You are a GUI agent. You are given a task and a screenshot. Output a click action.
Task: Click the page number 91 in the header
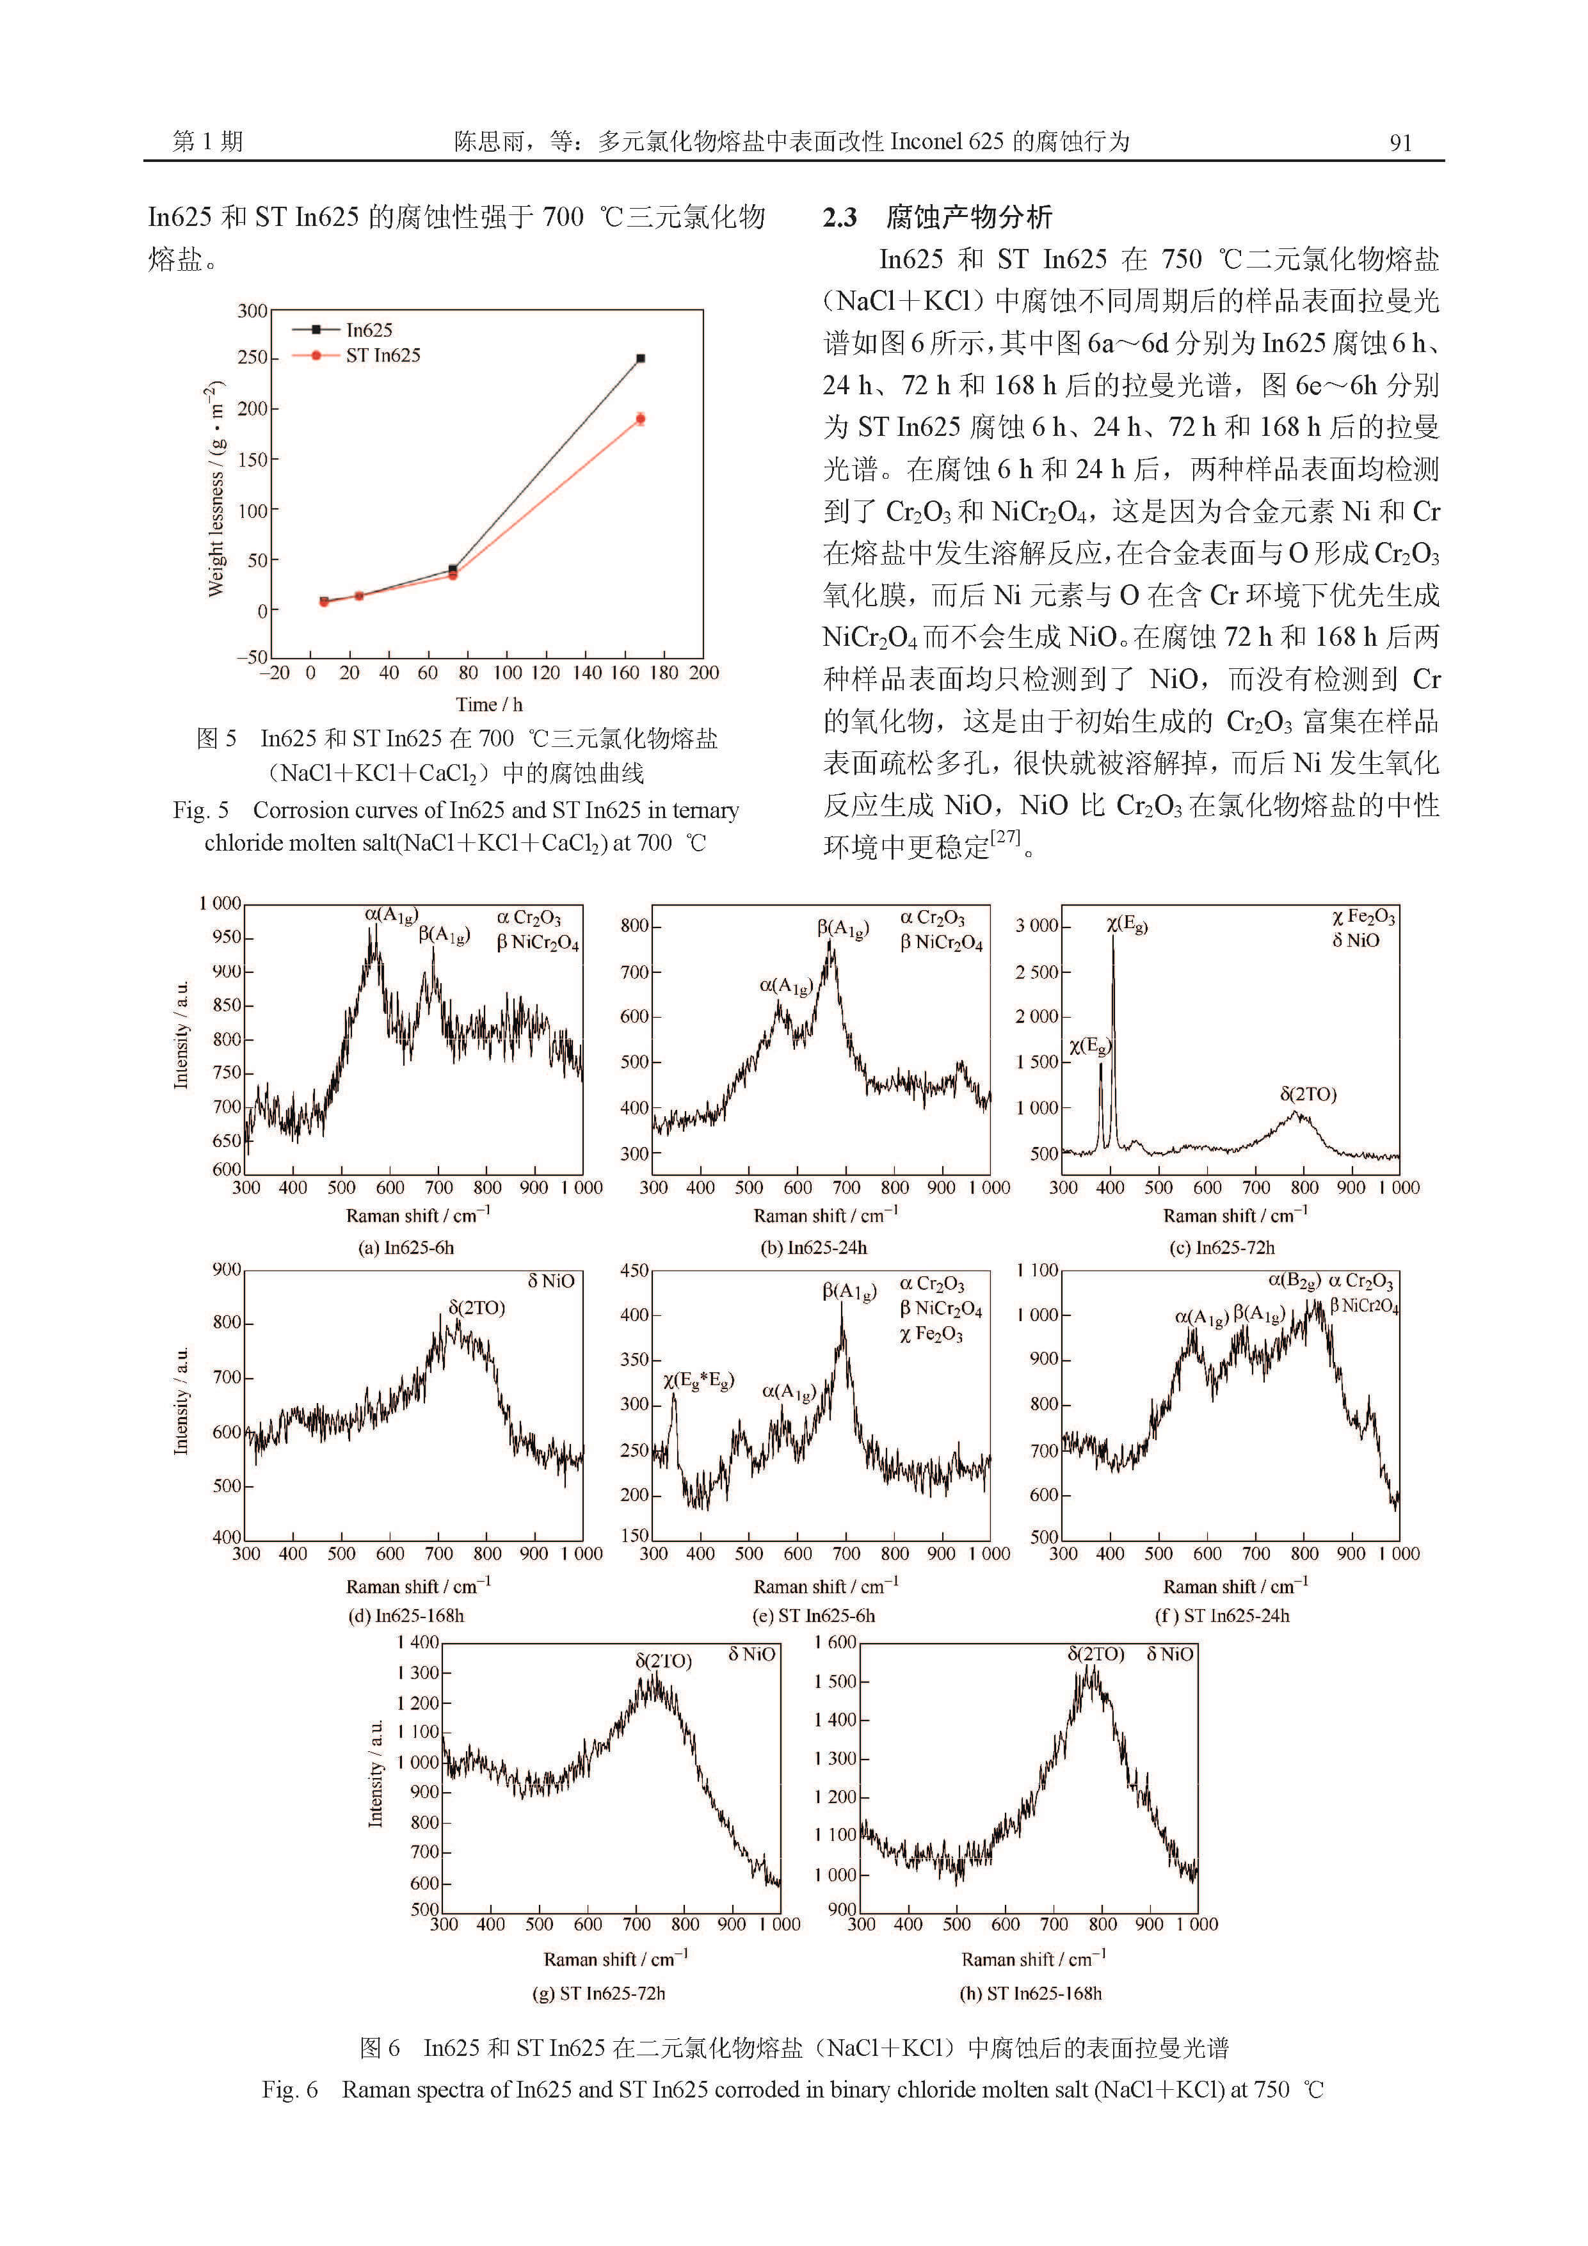tap(1400, 143)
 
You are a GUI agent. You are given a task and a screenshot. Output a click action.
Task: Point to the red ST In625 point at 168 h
tap(641, 419)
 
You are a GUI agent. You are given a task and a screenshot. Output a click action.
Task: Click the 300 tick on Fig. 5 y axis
tap(252, 311)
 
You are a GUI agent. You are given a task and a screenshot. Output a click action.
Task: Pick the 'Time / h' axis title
tap(488, 704)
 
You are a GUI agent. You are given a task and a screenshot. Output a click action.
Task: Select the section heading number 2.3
tap(840, 217)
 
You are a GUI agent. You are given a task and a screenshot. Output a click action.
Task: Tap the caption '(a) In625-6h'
tap(406, 1248)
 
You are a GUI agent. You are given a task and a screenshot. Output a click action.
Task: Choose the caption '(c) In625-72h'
tap(1222, 1248)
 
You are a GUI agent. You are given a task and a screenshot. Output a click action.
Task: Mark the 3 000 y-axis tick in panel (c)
tap(1036, 926)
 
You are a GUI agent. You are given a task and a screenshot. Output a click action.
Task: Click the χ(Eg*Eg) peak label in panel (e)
tap(698, 1381)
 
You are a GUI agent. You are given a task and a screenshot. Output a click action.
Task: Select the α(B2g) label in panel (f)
tap(1294, 1281)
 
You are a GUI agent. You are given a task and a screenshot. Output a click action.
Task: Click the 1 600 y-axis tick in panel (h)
tap(835, 1642)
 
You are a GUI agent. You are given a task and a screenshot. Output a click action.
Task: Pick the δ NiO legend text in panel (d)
tap(551, 1281)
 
